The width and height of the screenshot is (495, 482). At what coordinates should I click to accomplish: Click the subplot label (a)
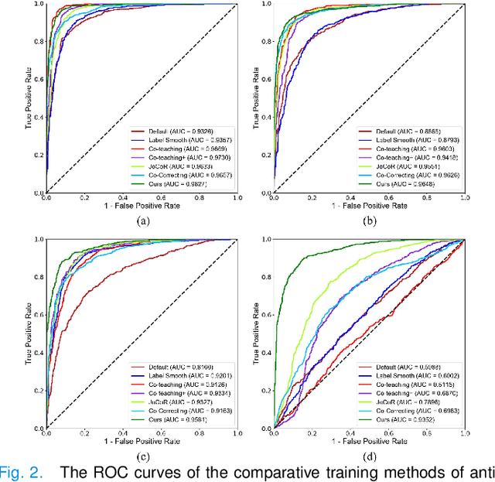click(142, 220)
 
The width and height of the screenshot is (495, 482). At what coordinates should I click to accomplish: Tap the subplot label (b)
click(370, 220)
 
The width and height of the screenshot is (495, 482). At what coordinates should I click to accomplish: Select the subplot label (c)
click(142, 456)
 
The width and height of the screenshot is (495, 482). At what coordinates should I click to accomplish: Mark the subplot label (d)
click(370, 456)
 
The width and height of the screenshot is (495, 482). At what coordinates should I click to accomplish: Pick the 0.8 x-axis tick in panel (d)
click(426, 436)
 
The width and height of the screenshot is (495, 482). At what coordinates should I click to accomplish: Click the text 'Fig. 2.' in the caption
click(19, 473)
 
